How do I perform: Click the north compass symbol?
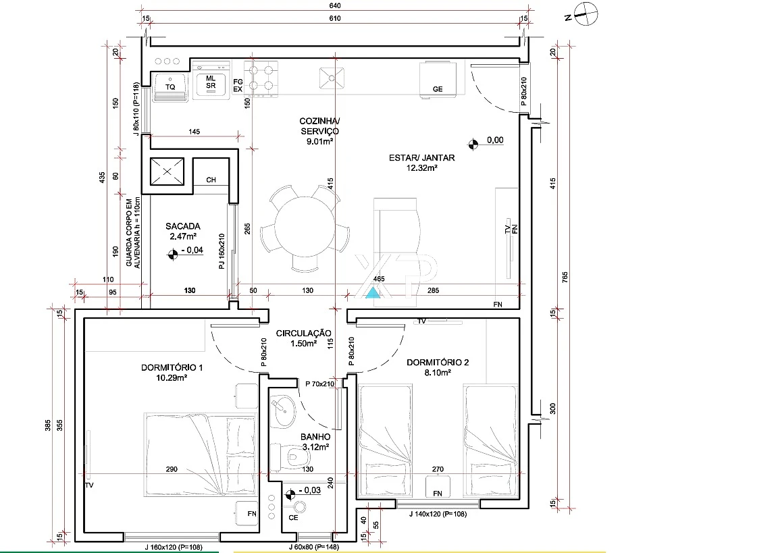[586, 14]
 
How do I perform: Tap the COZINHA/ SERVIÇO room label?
[319, 126]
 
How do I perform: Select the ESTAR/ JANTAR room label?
[421, 158]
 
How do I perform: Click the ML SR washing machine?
[211, 82]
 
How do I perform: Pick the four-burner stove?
[261, 78]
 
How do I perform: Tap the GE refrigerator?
[437, 80]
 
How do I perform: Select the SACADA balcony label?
[182, 226]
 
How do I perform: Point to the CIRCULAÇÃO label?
[303, 334]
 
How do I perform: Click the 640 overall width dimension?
[335, 6]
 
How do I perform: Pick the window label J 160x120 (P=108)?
[174, 547]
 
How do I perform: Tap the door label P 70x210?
[319, 384]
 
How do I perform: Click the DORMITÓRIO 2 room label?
[438, 363]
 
